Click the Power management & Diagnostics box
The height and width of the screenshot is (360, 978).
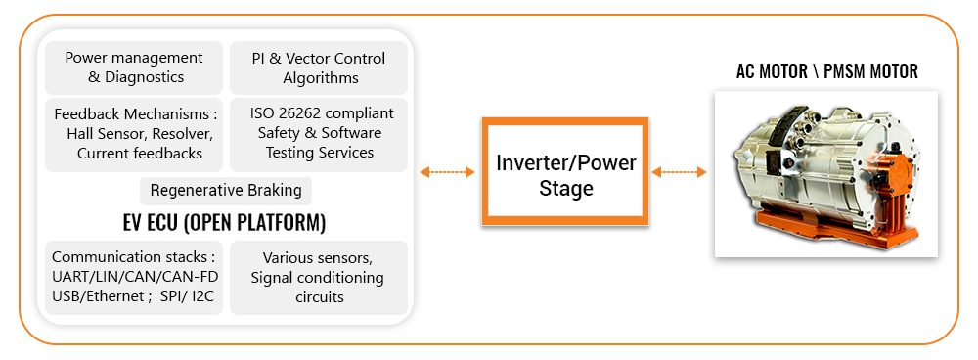133,67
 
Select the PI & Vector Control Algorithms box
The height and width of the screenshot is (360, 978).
319,67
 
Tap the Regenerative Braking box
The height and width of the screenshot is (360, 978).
226,191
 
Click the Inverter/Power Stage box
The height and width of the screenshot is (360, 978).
565,171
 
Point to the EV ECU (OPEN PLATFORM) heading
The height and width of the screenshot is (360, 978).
225,223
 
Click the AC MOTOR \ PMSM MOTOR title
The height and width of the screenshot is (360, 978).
827,71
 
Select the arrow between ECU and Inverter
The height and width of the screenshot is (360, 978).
447,171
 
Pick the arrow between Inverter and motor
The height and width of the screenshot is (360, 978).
679,171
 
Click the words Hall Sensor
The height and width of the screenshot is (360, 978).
103,134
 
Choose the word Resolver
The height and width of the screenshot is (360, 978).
180,134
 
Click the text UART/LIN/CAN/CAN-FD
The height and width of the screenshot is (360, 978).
135,277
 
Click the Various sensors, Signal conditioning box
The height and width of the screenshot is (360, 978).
319,278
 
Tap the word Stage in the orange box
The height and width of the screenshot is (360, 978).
565,188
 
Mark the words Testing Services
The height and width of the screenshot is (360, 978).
320,153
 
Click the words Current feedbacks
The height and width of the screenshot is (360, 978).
140,154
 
